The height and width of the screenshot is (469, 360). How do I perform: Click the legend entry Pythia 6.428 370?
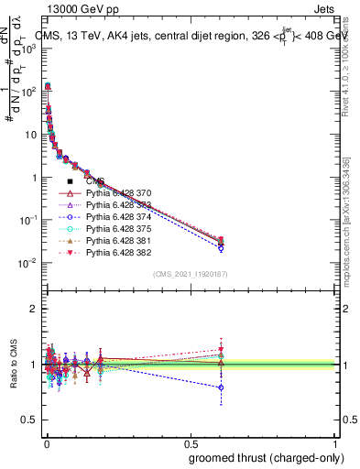(118, 193)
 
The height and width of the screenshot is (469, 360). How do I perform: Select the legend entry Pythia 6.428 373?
(118, 205)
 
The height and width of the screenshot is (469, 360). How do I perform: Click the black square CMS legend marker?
(70, 181)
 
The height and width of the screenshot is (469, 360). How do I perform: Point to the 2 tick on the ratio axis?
(33, 309)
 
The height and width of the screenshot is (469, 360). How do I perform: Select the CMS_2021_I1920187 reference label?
(190, 273)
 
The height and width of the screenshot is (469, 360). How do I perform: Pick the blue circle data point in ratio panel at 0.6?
(221, 387)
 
